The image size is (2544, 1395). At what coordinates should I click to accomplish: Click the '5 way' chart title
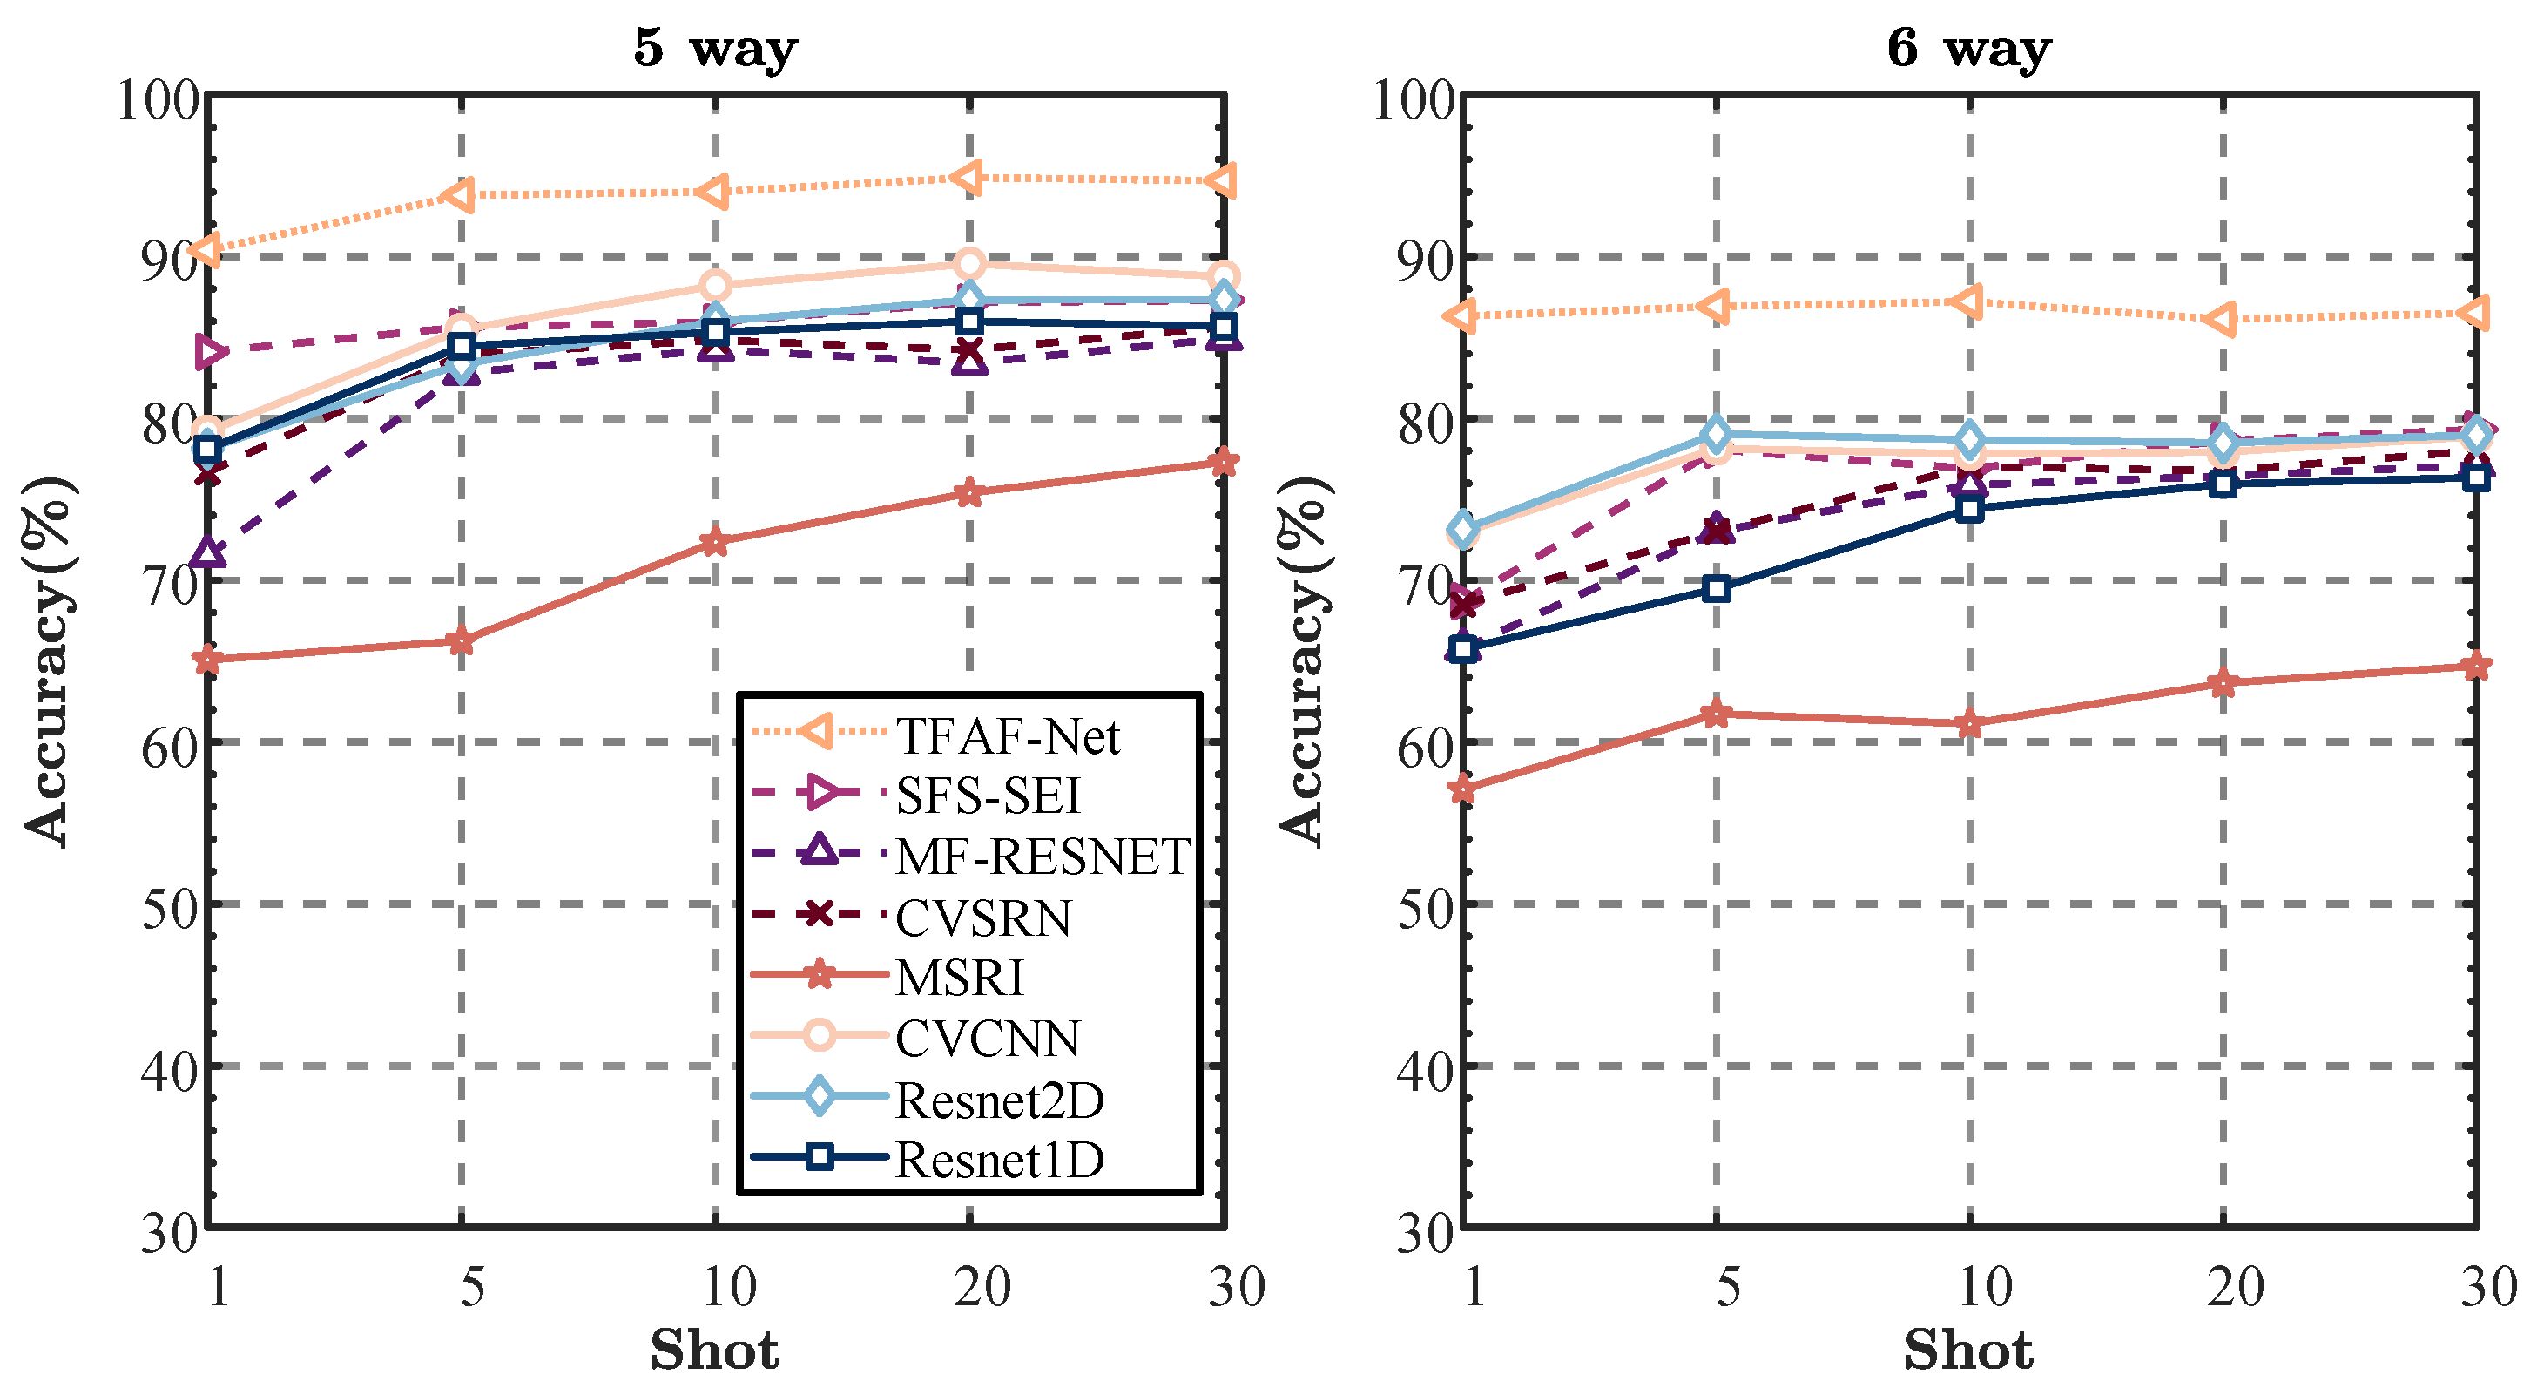click(715, 47)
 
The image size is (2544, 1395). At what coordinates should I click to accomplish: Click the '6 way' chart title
click(1968, 47)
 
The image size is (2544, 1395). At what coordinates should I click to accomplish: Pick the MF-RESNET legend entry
click(1042, 857)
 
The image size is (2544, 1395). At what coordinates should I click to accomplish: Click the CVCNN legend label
click(987, 1039)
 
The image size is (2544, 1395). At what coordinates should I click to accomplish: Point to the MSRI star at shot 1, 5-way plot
click(207, 660)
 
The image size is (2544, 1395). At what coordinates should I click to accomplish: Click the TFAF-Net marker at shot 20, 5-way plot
click(968, 178)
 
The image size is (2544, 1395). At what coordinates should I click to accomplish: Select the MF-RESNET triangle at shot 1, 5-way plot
click(208, 553)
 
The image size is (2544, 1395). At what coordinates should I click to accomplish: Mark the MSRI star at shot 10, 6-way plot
click(1969, 723)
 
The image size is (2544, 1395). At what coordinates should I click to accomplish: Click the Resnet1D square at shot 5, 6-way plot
click(1717, 589)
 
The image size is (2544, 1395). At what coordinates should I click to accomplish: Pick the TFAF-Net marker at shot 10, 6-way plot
click(1967, 301)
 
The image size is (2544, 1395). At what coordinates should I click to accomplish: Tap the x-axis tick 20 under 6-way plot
click(2235, 1286)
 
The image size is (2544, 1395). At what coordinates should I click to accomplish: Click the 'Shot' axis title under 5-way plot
click(714, 1351)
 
